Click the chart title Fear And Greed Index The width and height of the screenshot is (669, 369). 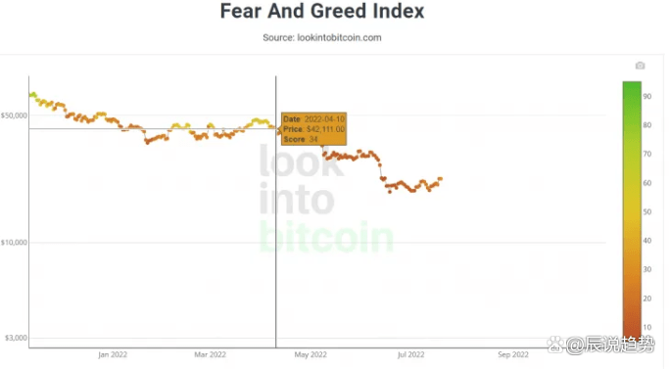pos(321,13)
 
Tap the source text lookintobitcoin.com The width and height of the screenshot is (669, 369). pos(321,37)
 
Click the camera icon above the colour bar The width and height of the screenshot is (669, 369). pos(640,66)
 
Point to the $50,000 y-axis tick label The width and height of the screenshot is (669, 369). pos(14,115)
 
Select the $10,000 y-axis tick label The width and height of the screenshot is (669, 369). pos(14,242)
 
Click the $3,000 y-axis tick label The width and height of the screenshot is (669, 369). pos(16,338)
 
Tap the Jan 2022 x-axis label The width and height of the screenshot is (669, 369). pos(113,354)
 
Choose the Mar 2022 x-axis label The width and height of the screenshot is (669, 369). pos(211,354)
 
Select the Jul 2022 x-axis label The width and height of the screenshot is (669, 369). pos(410,354)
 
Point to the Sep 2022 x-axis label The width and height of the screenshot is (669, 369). pos(512,354)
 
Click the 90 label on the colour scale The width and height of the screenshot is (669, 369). pos(647,96)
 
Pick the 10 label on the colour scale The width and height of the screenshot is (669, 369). pos(647,327)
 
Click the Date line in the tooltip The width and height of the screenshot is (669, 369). pos(311,118)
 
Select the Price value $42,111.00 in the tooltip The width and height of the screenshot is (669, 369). pos(326,129)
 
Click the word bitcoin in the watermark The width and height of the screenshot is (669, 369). pos(326,236)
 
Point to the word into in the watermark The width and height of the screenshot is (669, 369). pos(296,201)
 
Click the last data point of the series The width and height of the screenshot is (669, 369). pos(441,179)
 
